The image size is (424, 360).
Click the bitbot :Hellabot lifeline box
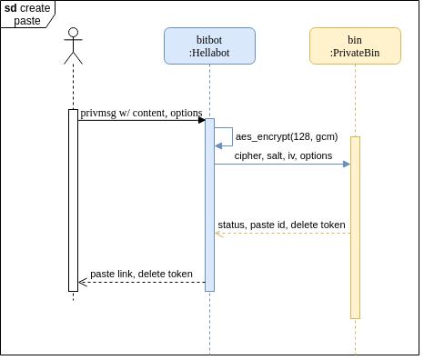pyautogui.click(x=209, y=46)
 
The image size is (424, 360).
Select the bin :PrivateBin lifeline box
pyautogui.click(x=355, y=46)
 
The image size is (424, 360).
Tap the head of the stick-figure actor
pyautogui.click(x=73, y=33)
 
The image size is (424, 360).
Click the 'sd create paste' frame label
pyautogui.click(x=27, y=15)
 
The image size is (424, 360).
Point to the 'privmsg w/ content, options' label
pyautogui.click(x=141, y=113)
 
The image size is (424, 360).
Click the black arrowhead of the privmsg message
pyautogui.click(x=202, y=120)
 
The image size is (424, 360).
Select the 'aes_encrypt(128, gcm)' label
pyautogui.click(x=287, y=136)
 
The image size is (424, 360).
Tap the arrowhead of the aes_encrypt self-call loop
pyautogui.click(x=218, y=146)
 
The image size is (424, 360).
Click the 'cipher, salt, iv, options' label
pyautogui.click(x=283, y=155)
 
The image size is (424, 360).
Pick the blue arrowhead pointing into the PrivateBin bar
pyautogui.click(x=347, y=165)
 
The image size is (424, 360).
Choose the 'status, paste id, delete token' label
pyautogui.click(x=281, y=225)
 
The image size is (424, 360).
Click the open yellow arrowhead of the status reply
pyautogui.click(x=219, y=234)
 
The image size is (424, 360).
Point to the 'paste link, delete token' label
pyautogui.click(x=141, y=274)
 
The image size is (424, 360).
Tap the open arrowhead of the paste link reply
pyautogui.click(x=83, y=283)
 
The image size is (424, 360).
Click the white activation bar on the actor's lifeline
pyautogui.click(x=73, y=200)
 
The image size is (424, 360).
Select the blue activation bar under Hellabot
pyautogui.click(x=209, y=205)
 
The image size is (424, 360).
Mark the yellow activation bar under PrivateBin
pyautogui.click(x=355, y=227)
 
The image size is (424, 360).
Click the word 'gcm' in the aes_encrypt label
pyautogui.click(x=325, y=137)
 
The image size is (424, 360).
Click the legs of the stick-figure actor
pyautogui.click(x=73, y=58)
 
